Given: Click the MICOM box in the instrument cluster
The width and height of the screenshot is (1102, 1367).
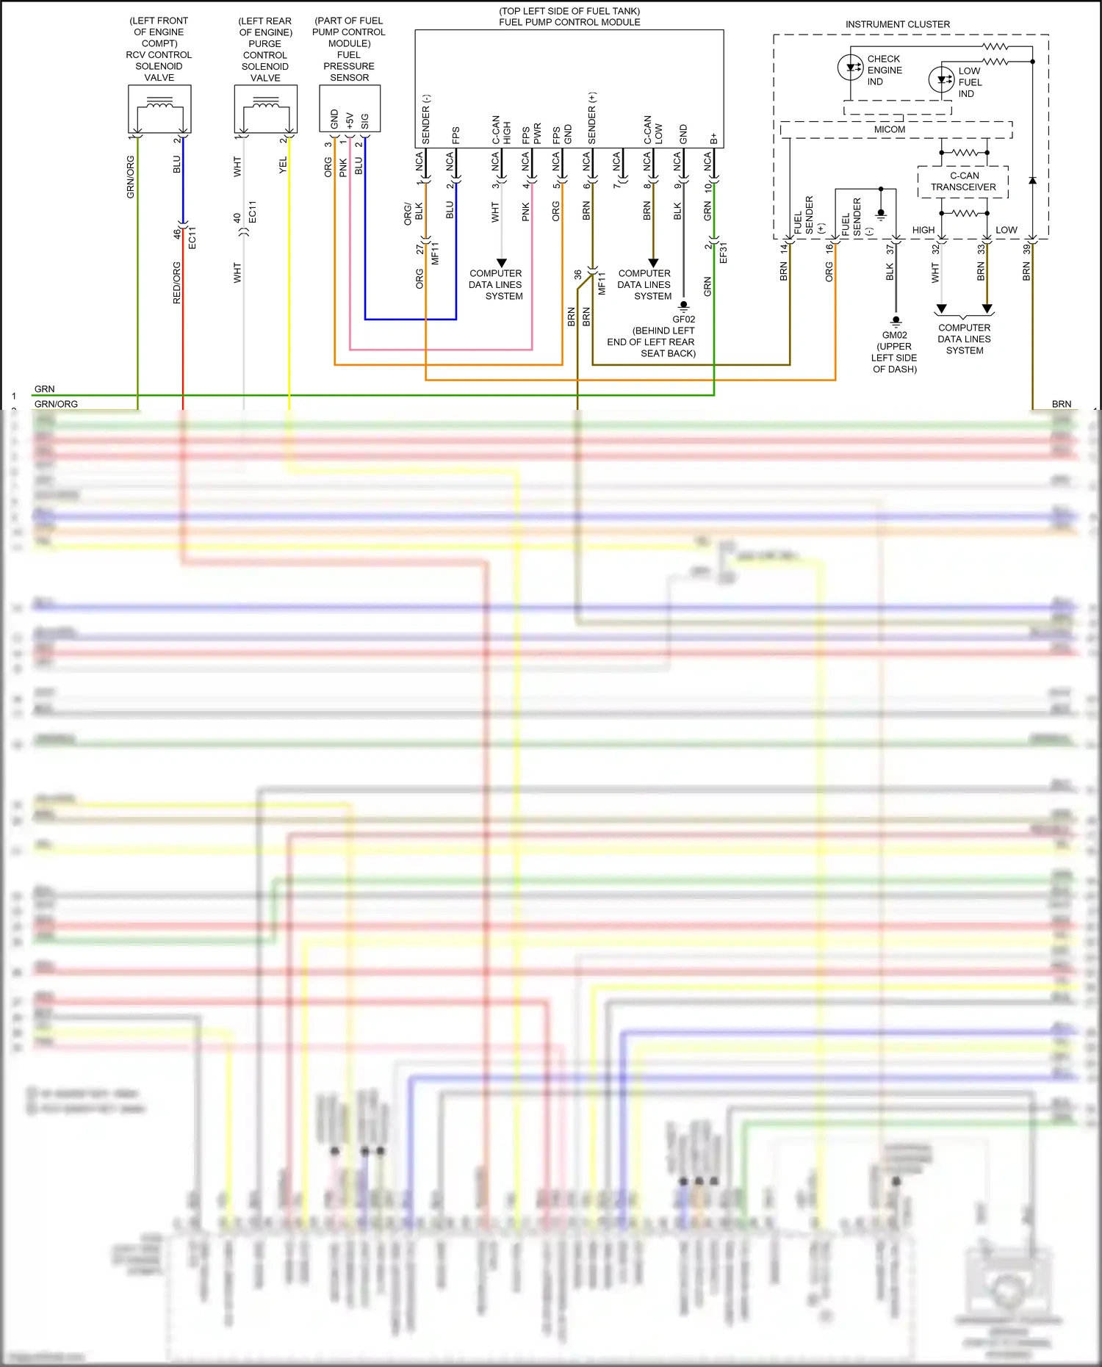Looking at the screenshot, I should point(890,129).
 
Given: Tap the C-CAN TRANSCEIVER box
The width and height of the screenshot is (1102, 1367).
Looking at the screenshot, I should point(963,181).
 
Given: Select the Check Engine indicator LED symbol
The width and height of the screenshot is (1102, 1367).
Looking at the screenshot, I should point(851,68).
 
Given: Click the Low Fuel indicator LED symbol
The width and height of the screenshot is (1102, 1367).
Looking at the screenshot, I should point(941,79).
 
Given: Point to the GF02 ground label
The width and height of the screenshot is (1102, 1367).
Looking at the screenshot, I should point(683,320).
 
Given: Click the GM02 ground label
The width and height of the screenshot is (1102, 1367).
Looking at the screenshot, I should point(894,335).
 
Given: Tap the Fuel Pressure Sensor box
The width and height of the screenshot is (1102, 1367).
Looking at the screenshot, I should point(350,109).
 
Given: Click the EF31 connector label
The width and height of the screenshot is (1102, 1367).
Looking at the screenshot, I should point(723,253).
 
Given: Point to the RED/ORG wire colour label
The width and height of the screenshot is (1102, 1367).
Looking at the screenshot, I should point(176,283).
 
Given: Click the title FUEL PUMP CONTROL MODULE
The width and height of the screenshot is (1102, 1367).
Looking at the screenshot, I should point(569,22).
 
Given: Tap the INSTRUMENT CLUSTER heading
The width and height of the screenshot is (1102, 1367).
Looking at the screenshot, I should point(897,24).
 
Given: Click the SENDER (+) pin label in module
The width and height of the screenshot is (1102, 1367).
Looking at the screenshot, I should point(591,118).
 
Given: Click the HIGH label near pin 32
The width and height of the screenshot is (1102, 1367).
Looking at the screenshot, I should point(923,230).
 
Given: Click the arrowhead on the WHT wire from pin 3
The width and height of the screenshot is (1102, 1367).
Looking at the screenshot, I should point(502,263).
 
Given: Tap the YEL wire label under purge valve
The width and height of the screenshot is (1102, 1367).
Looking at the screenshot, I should point(283,165).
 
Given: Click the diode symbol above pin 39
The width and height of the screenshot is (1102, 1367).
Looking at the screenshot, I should point(1032,180).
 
